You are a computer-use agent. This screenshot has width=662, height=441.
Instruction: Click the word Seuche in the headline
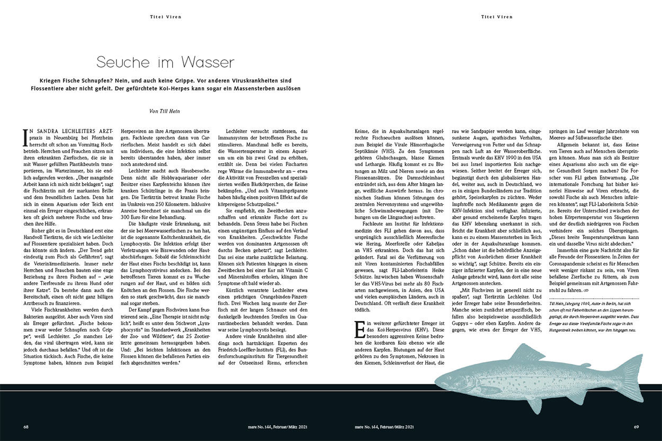coord(121,62)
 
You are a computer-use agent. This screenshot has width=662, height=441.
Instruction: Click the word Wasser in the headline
coord(207,62)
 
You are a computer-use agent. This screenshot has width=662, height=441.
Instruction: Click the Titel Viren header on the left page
coord(166,17)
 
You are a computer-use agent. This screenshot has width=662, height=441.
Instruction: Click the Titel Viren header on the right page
coord(497,17)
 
